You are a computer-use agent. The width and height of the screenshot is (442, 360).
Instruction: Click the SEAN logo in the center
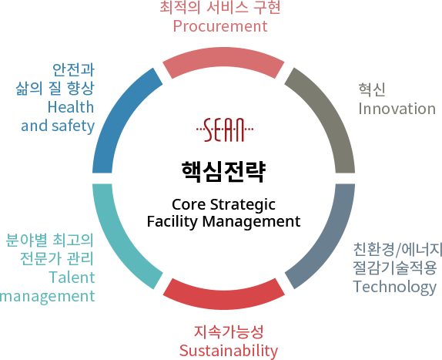pyautogui.click(x=225, y=130)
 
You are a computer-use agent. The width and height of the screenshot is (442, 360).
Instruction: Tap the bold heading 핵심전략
pyautogui.click(x=223, y=172)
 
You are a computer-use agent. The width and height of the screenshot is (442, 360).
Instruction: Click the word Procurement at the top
pyautogui.click(x=220, y=26)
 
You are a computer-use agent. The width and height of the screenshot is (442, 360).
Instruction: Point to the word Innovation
pyautogui.click(x=397, y=109)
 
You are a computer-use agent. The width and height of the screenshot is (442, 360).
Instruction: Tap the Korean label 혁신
pyautogui.click(x=372, y=90)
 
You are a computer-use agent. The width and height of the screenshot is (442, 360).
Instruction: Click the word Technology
pyautogui.click(x=394, y=288)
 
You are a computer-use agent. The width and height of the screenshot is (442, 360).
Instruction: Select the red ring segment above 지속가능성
pyautogui.click(x=223, y=297)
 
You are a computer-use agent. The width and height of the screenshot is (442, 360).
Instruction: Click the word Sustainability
pyautogui.click(x=229, y=351)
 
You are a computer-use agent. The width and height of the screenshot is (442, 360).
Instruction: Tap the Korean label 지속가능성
pyautogui.click(x=229, y=331)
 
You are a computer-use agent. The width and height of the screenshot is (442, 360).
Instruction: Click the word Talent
pyautogui.click(x=72, y=277)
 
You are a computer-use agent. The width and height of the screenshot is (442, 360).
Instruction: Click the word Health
pyautogui.click(x=71, y=107)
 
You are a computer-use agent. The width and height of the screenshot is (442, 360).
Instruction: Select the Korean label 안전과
pyautogui.click(x=74, y=70)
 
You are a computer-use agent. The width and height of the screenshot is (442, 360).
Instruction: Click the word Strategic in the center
pyautogui.click(x=243, y=204)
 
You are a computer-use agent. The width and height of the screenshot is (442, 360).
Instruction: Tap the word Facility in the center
pyautogui.click(x=172, y=221)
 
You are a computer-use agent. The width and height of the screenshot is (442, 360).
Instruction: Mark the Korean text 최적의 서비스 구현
pyautogui.click(x=220, y=8)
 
